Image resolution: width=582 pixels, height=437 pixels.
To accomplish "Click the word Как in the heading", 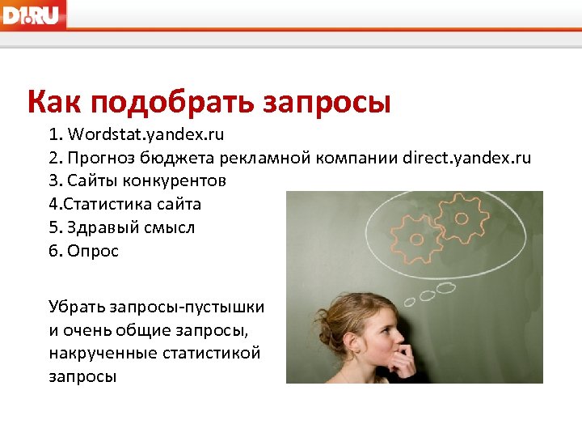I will tap(54, 103).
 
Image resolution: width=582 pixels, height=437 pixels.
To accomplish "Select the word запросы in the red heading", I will tap(327, 104).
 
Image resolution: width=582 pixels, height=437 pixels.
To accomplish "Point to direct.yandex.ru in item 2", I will tap(466, 157).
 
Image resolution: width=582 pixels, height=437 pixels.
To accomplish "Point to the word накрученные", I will tap(101, 354).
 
